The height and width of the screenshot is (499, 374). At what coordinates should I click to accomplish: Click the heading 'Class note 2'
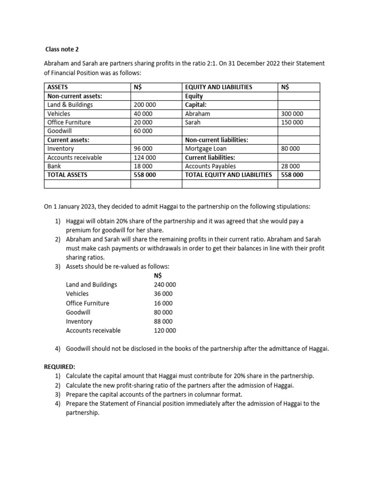(x=62, y=49)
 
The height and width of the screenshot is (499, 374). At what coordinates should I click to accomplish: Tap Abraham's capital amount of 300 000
(x=292, y=114)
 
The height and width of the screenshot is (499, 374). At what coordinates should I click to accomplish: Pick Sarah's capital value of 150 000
(x=292, y=122)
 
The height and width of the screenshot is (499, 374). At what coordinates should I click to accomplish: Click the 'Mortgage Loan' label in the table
(x=206, y=149)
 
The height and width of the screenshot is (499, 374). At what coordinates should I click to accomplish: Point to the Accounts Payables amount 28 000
(x=291, y=166)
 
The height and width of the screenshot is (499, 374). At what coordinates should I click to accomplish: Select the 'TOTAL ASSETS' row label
(x=67, y=175)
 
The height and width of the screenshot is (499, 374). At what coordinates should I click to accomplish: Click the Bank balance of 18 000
(x=141, y=166)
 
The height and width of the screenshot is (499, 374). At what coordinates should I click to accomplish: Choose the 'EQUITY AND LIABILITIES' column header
(x=219, y=87)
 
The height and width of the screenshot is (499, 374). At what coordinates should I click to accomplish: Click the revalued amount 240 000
(x=165, y=285)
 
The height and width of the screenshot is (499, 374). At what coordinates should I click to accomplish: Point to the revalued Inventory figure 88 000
(x=163, y=322)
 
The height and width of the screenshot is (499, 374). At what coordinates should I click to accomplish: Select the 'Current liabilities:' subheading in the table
(x=210, y=157)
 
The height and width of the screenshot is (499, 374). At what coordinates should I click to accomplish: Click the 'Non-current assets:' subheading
(x=75, y=96)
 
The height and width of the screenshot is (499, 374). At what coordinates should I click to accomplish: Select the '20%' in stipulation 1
(x=113, y=221)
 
